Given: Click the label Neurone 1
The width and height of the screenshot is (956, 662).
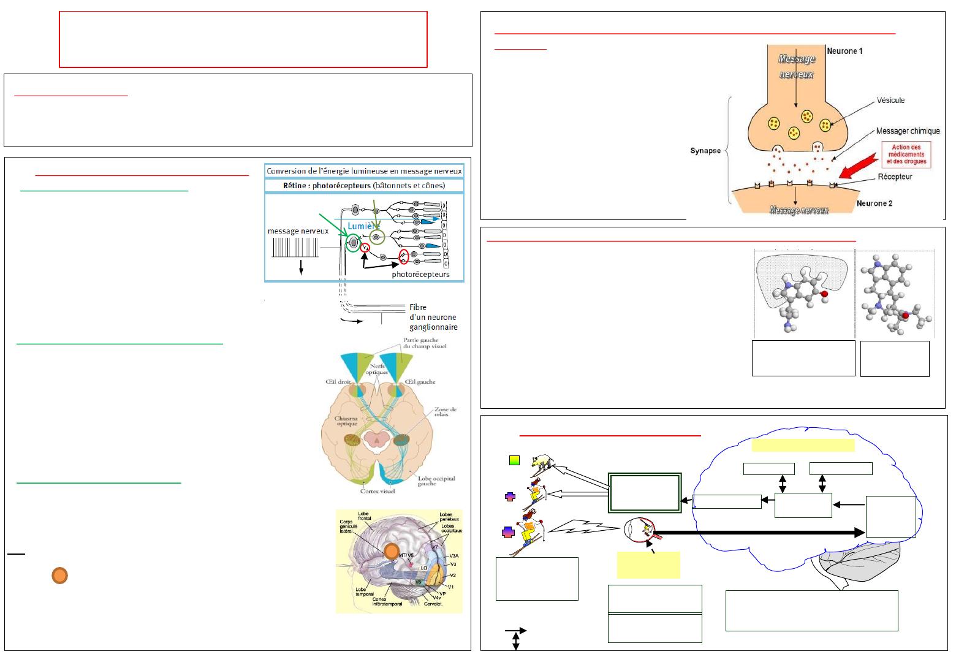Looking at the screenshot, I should click(844, 51).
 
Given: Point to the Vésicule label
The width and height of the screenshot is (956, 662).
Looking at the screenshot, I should click(890, 101).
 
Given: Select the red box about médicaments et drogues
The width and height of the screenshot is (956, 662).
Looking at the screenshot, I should click(906, 155).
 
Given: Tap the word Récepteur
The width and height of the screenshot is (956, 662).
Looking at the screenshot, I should click(894, 177).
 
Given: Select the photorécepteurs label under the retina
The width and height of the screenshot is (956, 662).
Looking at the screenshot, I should click(420, 274).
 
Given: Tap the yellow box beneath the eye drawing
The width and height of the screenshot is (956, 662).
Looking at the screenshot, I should click(648, 565).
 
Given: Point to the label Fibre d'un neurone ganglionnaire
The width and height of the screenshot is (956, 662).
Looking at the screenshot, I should click(433, 318).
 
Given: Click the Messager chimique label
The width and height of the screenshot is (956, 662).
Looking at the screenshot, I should click(908, 131).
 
